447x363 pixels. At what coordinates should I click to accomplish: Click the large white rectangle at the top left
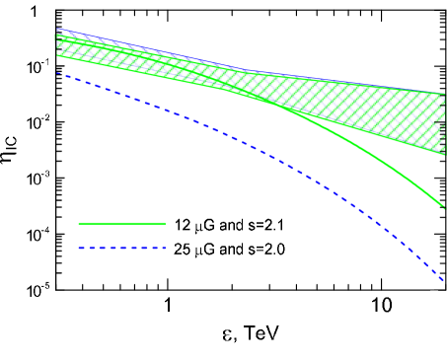coord(43,9)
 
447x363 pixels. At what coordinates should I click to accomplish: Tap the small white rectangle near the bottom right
coord(434,293)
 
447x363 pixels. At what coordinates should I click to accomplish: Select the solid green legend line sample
coord(122,224)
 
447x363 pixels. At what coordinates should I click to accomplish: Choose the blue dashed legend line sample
coord(122,248)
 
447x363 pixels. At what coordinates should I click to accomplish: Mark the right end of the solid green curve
coord(445,208)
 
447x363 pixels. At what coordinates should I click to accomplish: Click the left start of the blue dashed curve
coord(57,73)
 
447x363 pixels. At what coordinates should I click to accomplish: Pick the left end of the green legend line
coord(79,224)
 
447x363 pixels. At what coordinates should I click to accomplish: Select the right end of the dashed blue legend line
coord(166,248)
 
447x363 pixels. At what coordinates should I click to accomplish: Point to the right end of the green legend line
coord(166,224)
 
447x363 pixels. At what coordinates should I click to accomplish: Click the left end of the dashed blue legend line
coord(79,248)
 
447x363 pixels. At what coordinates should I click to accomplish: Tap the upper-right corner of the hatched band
coord(445,93)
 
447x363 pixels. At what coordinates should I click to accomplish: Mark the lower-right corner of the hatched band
coord(445,155)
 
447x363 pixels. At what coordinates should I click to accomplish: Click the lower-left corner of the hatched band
coord(57,55)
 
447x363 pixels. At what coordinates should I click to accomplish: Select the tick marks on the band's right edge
coord(440,122)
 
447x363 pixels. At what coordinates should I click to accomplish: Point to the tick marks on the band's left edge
coord(59,41)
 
